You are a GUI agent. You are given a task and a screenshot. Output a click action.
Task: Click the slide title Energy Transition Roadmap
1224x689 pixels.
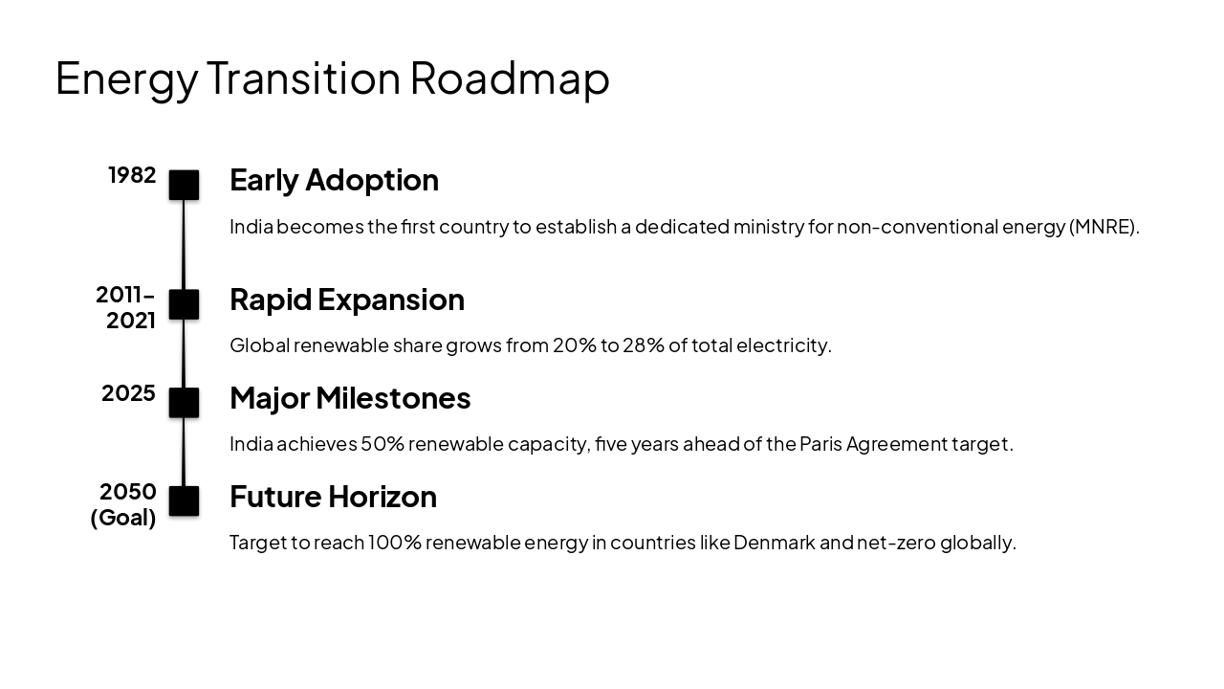[332, 78]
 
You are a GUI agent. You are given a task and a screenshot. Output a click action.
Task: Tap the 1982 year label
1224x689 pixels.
[132, 175]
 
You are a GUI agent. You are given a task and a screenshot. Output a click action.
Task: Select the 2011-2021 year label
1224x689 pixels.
[126, 307]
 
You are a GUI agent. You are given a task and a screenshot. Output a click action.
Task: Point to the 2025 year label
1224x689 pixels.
[128, 393]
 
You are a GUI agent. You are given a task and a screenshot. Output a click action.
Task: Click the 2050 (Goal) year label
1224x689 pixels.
[123, 504]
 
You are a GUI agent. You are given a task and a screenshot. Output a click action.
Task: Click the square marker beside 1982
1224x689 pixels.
[184, 185]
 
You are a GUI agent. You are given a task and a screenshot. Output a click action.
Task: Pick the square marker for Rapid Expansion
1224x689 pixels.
[184, 304]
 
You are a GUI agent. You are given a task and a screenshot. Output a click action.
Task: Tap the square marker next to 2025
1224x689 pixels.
[184, 403]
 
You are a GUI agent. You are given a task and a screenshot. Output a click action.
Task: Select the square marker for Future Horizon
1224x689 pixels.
[184, 500]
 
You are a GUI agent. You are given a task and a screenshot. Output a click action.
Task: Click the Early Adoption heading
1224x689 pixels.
[334, 180]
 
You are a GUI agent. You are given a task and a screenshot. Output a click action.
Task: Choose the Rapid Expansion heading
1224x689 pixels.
[346, 300]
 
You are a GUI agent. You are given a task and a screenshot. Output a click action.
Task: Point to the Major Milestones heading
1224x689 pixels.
[350, 398]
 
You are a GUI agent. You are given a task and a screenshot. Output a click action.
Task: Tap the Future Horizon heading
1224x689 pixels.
[333, 497]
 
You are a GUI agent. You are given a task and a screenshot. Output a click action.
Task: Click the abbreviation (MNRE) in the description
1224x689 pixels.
[1104, 227]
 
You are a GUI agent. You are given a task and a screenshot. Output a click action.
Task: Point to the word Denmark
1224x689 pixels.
[774, 543]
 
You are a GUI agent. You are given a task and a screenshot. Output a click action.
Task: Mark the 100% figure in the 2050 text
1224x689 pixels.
[394, 543]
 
